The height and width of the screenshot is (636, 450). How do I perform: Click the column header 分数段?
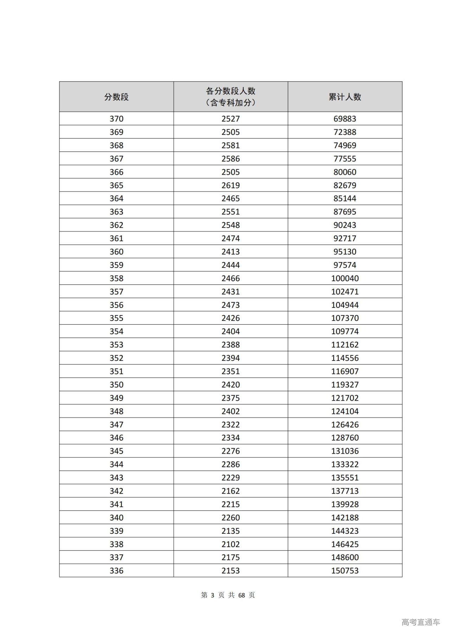[x=116, y=97]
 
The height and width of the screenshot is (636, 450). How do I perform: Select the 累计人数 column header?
[x=345, y=97]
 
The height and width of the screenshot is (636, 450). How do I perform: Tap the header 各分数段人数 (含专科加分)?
[x=231, y=97]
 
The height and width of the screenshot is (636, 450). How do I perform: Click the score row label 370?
[x=116, y=119]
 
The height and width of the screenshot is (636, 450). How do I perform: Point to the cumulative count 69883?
[x=345, y=119]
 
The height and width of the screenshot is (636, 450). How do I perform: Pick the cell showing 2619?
[x=231, y=185]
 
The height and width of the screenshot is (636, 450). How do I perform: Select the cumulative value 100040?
[x=345, y=278]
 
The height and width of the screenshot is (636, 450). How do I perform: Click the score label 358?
[x=116, y=278]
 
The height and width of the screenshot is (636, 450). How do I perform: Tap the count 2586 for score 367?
[x=231, y=159]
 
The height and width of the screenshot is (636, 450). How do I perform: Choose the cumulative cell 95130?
[x=345, y=252]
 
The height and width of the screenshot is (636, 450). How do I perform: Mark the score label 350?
[x=116, y=385]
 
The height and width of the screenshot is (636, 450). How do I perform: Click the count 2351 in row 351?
[x=231, y=371]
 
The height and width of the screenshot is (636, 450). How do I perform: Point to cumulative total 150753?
[x=345, y=571]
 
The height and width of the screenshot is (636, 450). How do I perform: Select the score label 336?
[x=116, y=571]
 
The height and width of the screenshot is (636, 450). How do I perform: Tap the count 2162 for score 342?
[x=231, y=491]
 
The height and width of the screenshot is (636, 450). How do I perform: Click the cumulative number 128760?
[x=345, y=438]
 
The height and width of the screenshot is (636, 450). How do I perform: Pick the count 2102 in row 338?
[x=231, y=544]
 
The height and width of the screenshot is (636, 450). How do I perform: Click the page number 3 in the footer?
[x=212, y=595]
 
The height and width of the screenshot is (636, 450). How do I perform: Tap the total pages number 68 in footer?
[x=242, y=595]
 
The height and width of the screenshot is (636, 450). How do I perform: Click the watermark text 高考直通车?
[x=420, y=622]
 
